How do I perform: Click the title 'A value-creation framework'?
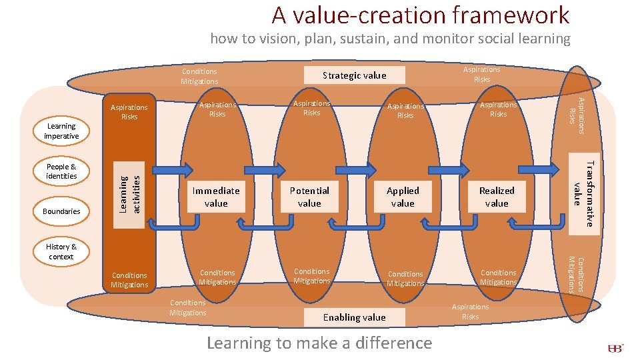[x=420, y=15]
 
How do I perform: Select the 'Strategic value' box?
[x=354, y=75]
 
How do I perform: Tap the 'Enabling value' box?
[x=354, y=317]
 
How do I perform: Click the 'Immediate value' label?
[x=216, y=197]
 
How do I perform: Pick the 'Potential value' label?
[x=309, y=197]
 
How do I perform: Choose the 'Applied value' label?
[x=403, y=197]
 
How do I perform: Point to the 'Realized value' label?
[x=497, y=197]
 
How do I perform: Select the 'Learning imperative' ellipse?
[x=61, y=131]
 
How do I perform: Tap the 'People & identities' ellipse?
[x=61, y=171]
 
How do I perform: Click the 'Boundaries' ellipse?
[x=61, y=211]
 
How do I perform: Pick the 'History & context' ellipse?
[x=61, y=251]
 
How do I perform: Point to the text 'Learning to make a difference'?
[x=319, y=343]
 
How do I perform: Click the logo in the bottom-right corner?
[x=615, y=348]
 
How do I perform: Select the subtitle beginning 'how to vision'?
[x=390, y=39]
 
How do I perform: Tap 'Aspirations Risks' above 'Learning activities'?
[x=129, y=112]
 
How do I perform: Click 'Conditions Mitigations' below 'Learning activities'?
[x=129, y=280]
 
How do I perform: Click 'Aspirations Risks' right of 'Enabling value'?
[x=470, y=311]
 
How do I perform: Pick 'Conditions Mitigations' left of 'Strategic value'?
[x=199, y=76]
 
